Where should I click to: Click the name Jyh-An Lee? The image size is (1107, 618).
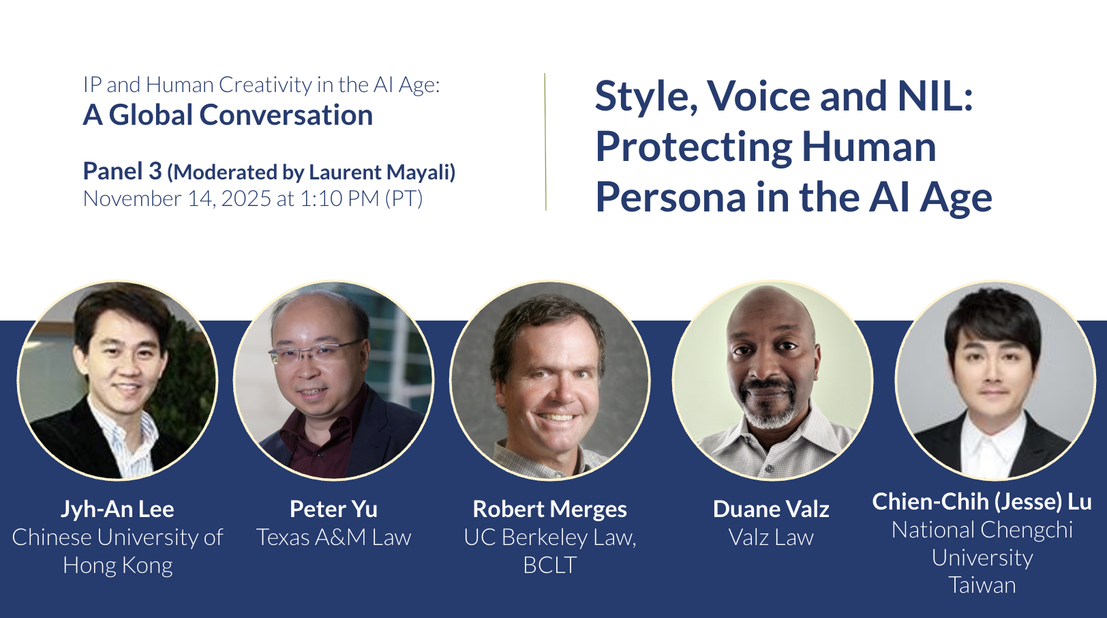117,510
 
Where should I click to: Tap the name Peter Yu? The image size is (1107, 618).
333,510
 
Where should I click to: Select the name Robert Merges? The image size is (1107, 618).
549,510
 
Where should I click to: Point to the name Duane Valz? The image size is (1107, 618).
771,510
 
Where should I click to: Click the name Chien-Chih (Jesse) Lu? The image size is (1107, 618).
982,502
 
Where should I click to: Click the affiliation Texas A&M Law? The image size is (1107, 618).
333,538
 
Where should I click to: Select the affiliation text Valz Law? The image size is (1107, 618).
771,538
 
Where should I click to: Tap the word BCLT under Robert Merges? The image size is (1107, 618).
549,565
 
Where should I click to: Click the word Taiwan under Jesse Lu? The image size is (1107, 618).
982,585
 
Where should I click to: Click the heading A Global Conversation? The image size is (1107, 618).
228,115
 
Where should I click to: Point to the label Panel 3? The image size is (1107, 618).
122,171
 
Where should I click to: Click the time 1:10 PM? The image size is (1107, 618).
339,198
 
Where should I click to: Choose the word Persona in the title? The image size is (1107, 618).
670,197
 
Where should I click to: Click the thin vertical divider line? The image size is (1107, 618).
545,142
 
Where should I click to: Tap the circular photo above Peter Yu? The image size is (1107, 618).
333,380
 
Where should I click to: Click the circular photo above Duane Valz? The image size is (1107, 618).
772,380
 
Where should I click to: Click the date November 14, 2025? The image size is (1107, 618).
177,199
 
